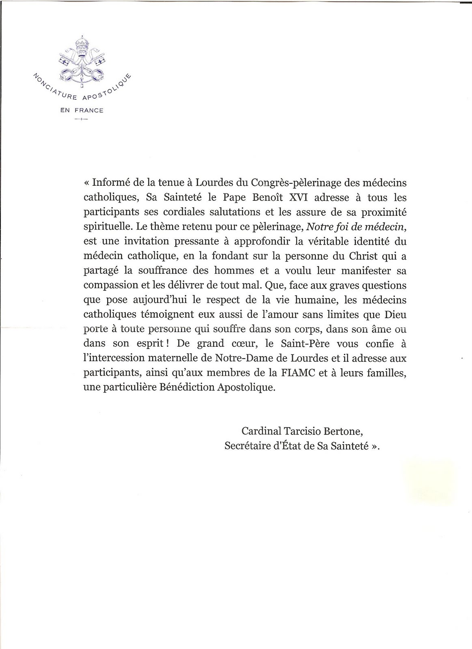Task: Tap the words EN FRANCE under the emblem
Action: pyautogui.click(x=82, y=110)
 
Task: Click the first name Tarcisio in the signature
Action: pyautogui.click(x=307, y=431)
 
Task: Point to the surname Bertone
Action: pyautogui.click(x=348, y=431)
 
